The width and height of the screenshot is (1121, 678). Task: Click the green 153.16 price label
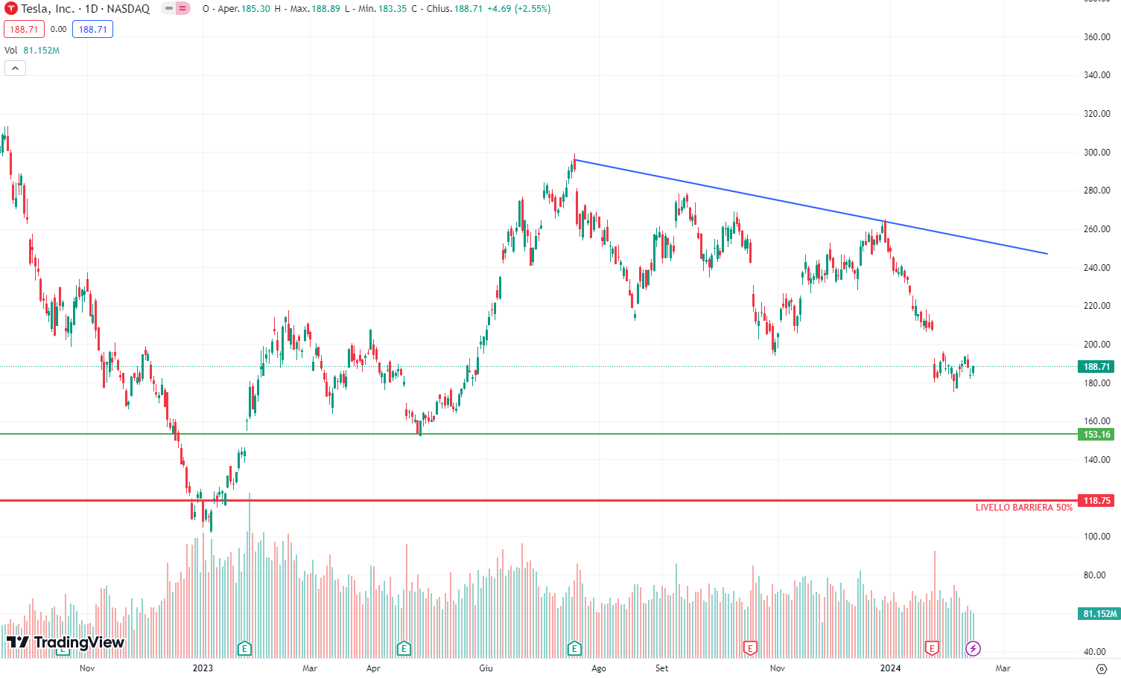point(1096,435)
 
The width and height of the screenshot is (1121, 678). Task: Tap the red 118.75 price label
point(1096,501)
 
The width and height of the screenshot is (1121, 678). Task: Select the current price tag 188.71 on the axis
point(1096,367)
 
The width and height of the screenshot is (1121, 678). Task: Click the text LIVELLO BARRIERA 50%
point(1024,508)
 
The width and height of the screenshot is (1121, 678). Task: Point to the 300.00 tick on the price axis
point(1096,153)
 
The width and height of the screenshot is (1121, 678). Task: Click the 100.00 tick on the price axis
point(1096,537)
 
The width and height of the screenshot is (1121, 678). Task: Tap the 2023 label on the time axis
point(203,668)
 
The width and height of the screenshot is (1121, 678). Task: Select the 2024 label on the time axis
point(890,668)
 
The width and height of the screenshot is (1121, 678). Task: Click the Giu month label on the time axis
point(486,668)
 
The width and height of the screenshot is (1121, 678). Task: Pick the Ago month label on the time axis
point(599,668)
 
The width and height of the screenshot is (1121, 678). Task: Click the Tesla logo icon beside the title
point(10,9)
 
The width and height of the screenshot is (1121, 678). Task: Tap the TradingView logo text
point(66,642)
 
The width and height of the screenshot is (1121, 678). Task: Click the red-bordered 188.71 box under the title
point(24,30)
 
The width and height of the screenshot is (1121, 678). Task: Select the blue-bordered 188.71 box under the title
point(92,30)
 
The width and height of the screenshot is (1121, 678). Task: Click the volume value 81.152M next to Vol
point(41,51)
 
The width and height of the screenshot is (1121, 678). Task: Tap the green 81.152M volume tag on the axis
point(1099,614)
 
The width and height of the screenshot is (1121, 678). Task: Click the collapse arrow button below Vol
point(15,68)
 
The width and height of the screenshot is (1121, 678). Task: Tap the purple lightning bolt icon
point(973,649)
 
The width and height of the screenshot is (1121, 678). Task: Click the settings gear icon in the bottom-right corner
point(1102,668)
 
